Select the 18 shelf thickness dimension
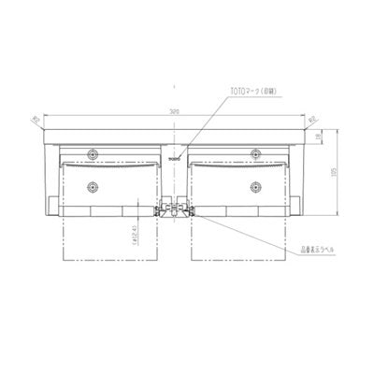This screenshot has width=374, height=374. point(320,137)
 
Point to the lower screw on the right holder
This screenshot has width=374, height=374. point(254,185)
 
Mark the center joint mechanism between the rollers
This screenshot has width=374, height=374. point(173,207)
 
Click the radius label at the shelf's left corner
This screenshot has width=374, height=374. point(36,120)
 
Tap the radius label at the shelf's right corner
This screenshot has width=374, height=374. point(311,120)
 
